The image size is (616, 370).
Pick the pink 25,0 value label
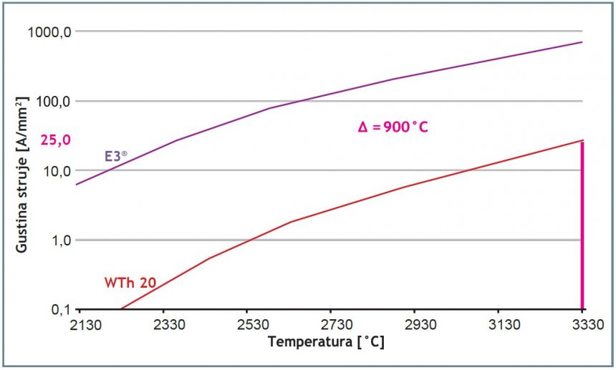click(x=56, y=140)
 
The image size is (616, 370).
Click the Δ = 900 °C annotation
click(x=393, y=127)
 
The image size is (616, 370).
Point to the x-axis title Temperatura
click(x=326, y=342)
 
